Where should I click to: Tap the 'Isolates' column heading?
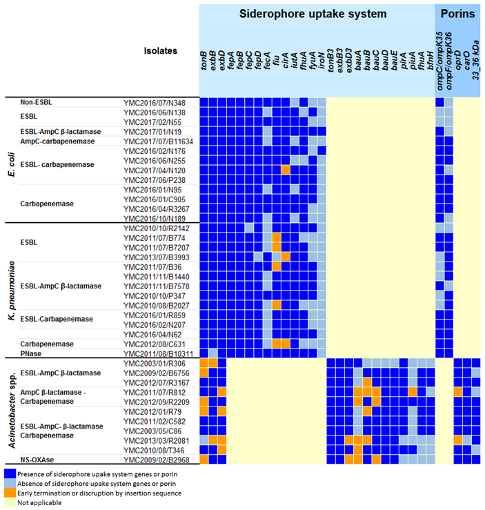click(x=160, y=50)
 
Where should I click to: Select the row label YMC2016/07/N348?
click(x=152, y=103)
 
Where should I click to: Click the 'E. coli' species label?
click(x=10, y=160)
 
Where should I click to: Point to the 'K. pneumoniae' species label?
click(x=10, y=290)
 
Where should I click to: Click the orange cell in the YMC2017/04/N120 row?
click(x=285, y=170)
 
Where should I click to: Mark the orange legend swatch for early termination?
click(x=11, y=493)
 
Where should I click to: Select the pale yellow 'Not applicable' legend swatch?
click(x=11, y=502)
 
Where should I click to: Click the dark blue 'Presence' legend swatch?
click(x=11, y=473)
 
